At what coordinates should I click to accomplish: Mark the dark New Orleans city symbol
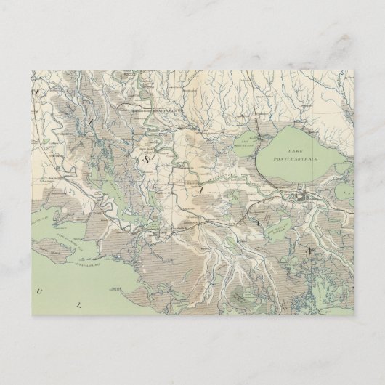point(298,196)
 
